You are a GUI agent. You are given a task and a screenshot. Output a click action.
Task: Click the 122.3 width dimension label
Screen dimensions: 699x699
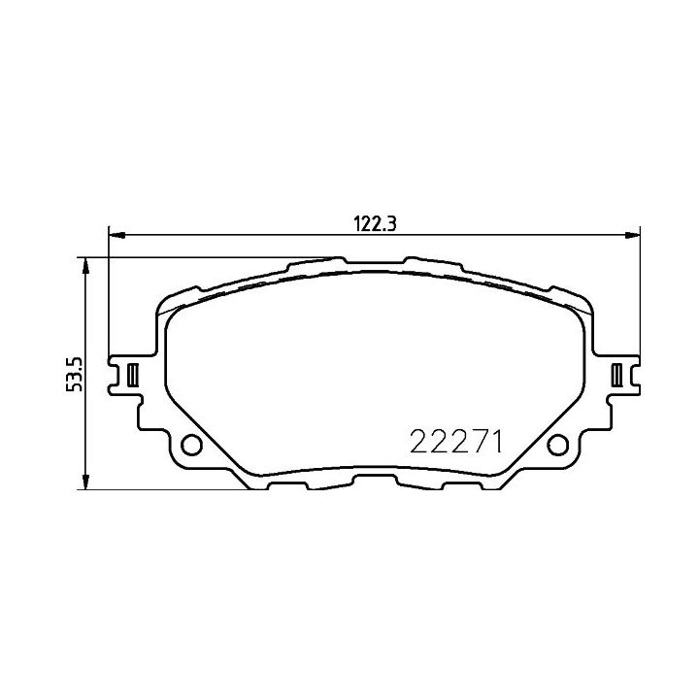click(375, 223)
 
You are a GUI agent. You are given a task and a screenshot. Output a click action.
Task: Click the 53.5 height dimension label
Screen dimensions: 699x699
click(74, 375)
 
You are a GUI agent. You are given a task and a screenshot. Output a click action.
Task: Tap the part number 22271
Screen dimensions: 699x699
click(456, 442)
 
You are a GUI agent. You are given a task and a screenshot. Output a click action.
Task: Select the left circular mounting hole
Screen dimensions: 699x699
click(191, 445)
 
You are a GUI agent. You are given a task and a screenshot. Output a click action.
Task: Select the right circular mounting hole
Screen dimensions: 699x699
click(557, 445)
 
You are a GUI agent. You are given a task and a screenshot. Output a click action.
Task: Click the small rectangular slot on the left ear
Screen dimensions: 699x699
click(133, 375)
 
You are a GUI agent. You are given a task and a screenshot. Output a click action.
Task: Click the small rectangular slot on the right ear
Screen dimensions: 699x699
click(616, 375)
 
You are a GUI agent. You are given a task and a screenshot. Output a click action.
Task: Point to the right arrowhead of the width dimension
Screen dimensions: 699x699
click(632, 235)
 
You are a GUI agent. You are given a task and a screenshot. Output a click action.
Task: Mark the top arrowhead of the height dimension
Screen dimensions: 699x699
click(85, 266)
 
